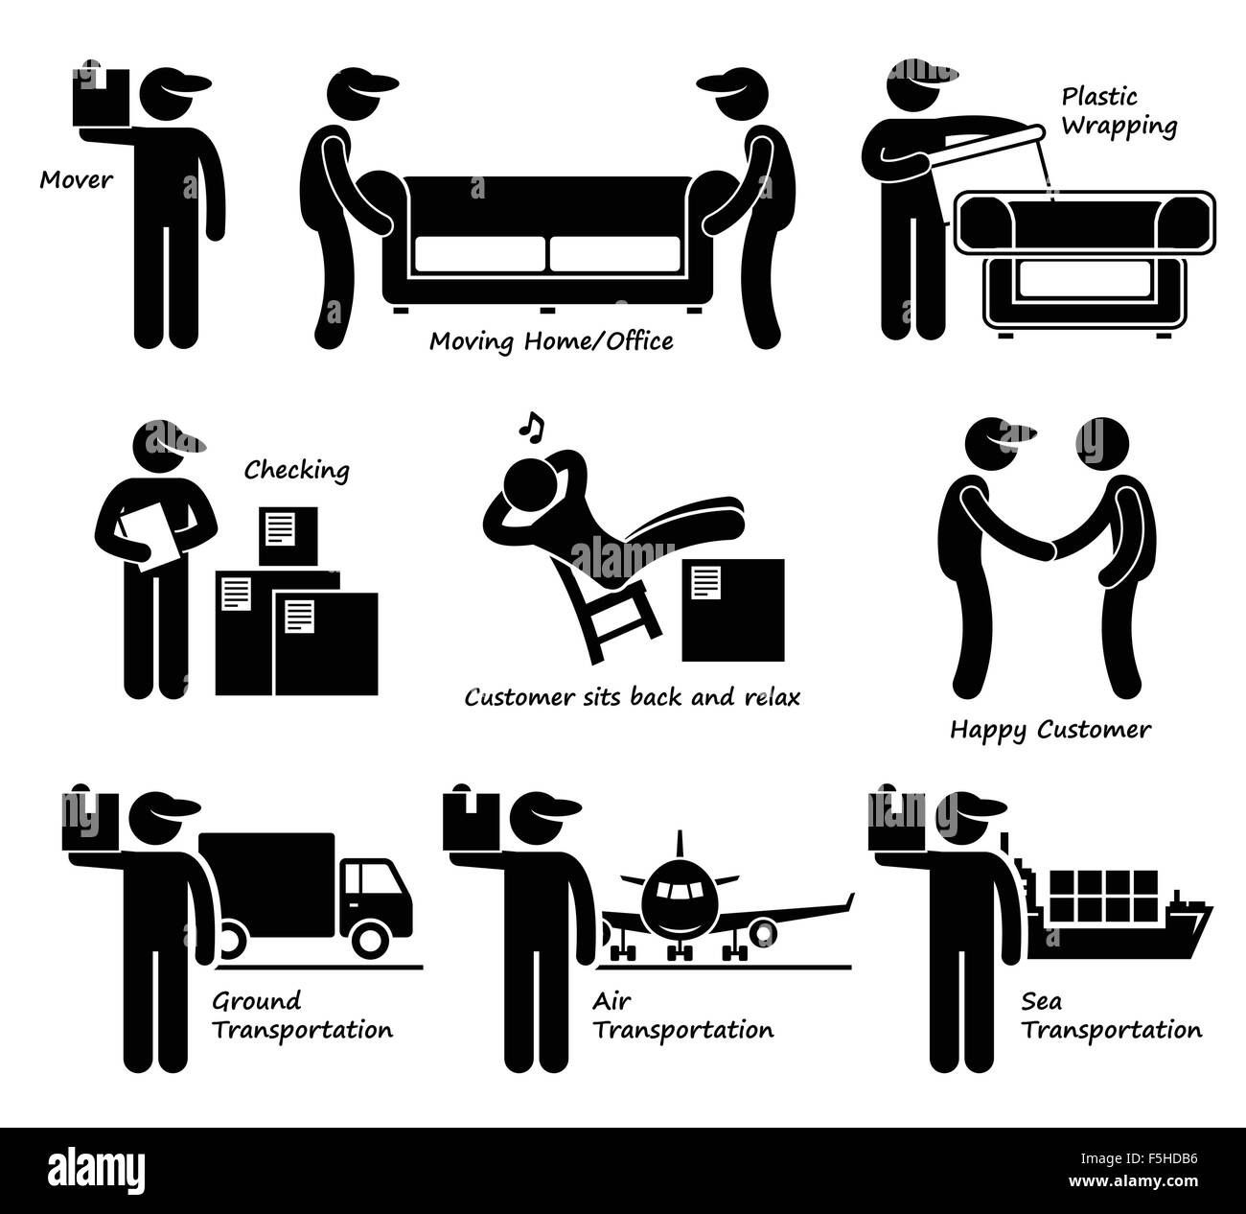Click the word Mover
point(76,179)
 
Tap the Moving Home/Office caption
point(551,340)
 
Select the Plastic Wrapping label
point(1119,111)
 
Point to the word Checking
point(296,470)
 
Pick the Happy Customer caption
point(1050,730)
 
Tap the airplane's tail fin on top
point(680,846)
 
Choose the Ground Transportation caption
point(301,1016)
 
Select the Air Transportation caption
point(681,1016)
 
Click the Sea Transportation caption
point(1110,1016)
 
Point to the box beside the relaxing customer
point(732,611)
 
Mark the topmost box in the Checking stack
point(288,535)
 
